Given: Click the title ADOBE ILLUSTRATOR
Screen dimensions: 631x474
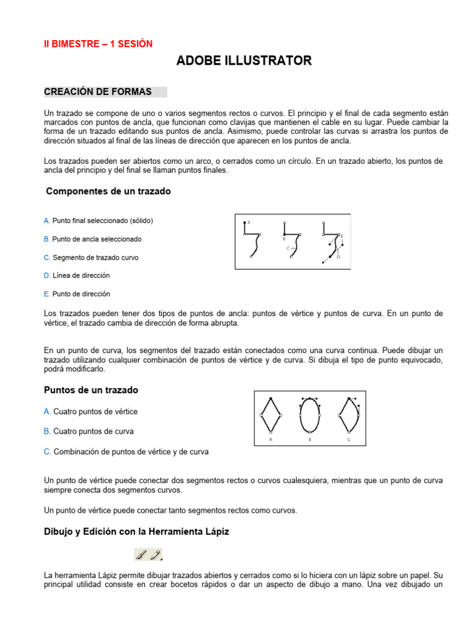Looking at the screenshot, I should click(x=244, y=60).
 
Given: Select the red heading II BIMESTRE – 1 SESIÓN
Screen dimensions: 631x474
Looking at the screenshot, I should click(x=98, y=44).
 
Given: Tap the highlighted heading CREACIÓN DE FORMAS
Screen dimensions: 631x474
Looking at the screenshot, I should click(x=98, y=92).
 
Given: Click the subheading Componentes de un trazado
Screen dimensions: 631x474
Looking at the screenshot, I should click(x=109, y=192).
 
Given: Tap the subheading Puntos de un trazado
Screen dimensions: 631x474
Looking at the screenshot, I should click(x=91, y=390).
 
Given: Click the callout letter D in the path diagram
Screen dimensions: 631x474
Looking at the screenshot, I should click(x=338, y=256).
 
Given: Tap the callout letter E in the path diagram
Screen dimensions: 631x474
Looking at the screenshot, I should click(x=342, y=236).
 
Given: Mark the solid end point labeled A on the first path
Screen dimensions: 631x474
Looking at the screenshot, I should click(x=244, y=223).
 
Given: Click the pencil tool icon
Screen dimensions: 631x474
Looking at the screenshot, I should click(x=156, y=555).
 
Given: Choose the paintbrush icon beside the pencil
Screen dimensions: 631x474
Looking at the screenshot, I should click(x=142, y=555).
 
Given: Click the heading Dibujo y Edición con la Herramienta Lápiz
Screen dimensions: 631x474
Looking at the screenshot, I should click(x=136, y=531).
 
